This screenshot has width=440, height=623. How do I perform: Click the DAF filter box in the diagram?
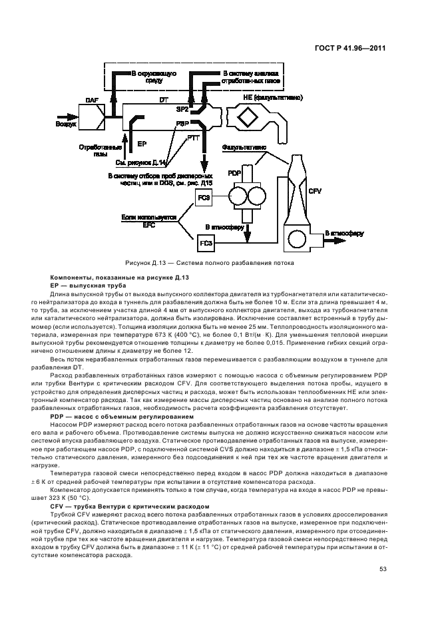tap(93, 117)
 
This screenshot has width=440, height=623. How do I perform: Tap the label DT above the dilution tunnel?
tap(163, 99)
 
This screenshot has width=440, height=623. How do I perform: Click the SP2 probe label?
tap(182, 108)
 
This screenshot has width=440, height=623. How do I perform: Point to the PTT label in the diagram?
tap(194, 138)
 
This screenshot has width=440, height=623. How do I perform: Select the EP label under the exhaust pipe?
tap(141, 143)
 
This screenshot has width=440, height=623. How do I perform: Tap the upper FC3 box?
tap(204, 198)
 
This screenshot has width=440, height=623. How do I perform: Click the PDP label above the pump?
tap(234, 173)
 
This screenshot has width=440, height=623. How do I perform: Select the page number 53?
tap(383, 569)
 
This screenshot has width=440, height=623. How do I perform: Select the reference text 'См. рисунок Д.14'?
tap(142, 162)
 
